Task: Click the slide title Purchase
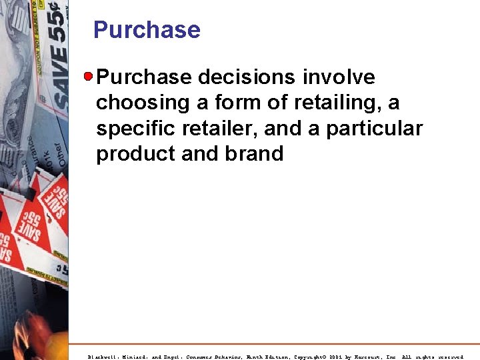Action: pyautogui.click(x=147, y=30)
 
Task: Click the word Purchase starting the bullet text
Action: pyautogui.click(x=143, y=77)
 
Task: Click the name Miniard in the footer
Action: pyautogui.click(x=138, y=357)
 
